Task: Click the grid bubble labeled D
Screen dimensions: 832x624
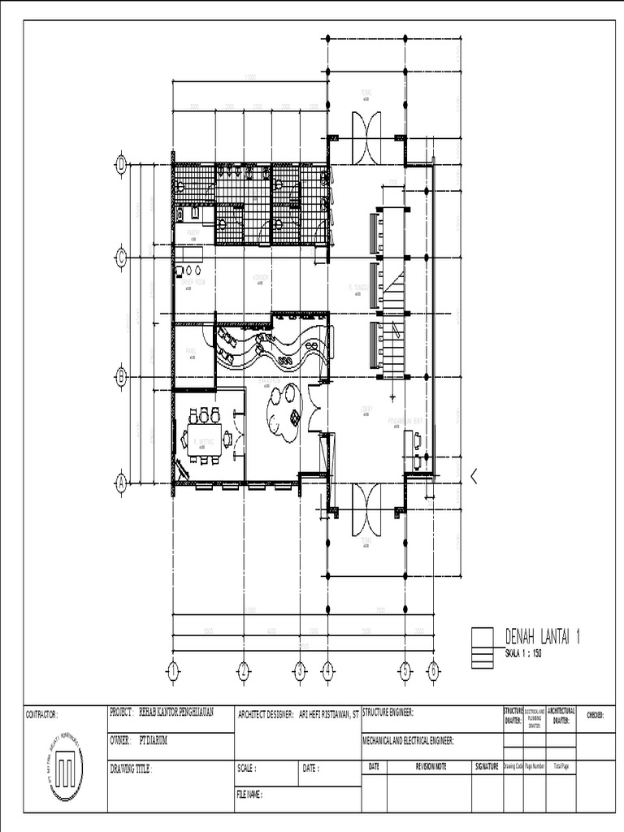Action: [122, 164]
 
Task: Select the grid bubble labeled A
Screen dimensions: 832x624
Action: [122, 483]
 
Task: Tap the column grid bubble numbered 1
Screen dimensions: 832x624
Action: [172, 670]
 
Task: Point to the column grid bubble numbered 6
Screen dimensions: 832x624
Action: [433, 670]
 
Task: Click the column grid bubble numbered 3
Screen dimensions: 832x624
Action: [300, 670]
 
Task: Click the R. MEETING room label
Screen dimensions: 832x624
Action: [202, 442]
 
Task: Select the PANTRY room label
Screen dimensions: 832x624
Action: [193, 233]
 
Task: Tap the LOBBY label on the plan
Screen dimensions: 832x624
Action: [366, 409]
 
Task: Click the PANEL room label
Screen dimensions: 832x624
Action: [191, 351]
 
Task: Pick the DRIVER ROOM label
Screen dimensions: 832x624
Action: [192, 280]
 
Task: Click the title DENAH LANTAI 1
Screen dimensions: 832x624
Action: [543, 636]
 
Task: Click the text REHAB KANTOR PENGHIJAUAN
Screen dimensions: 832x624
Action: [176, 713]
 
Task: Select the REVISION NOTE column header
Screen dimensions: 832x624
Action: [431, 766]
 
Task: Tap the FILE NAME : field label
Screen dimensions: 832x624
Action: [250, 795]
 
